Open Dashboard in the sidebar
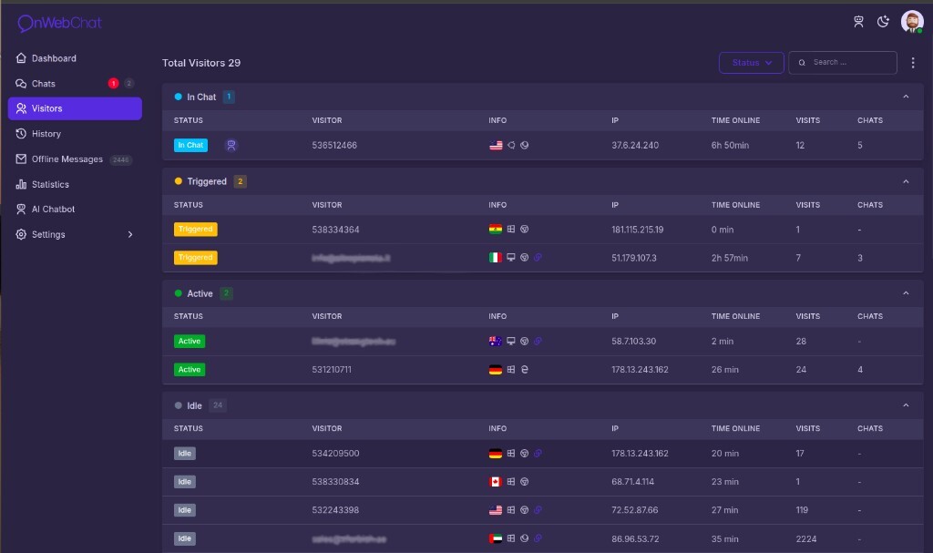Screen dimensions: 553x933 pyautogui.click(x=54, y=58)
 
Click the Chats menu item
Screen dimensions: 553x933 pyautogui.click(x=44, y=84)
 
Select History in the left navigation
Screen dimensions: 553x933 pyautogui.click(x=46, y=134)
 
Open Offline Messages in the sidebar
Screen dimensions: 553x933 pyautogui.click(x=67, y=159)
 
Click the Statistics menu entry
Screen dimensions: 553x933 pyautogui.click(x=50, y=184)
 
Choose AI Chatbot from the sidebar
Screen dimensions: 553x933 pyautogui.click(x=53, y=210)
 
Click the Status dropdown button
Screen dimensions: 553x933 pyautogui.click(x=751, y=63)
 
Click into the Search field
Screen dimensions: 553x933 pyautogui.click(x=847, y=63)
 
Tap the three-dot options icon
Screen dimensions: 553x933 pyautogui.click(x=913, y=63)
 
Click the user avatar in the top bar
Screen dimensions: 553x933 pyautogui.click(x=911, y=22)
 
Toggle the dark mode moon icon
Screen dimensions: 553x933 pyautogui.click(x=883, y=22)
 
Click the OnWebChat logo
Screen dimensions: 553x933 pyautogui.click(x=61, y=24)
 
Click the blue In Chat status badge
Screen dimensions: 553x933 pyautogui.click(x=191, y=145)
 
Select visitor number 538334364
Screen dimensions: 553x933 pyautogui.click(x=335, y=230)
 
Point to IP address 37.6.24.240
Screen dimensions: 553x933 pyautogui.click(x=635, y=145)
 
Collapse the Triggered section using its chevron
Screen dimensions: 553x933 pyautogui.click(x=906, y=181)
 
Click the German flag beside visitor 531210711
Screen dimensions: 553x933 pyautogui.click(x=496, y=370)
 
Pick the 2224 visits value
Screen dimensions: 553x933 pyautogui.click(x=807, y=539)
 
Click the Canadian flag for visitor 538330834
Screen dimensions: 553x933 pyautogui.click(x=496, y=482)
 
